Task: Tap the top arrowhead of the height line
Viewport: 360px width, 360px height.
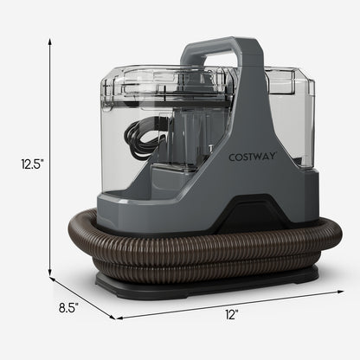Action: coord(48,39)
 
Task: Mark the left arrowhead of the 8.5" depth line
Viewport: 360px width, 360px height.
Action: coord(50,278)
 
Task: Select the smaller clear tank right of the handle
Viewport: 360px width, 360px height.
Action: coord(292,121)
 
